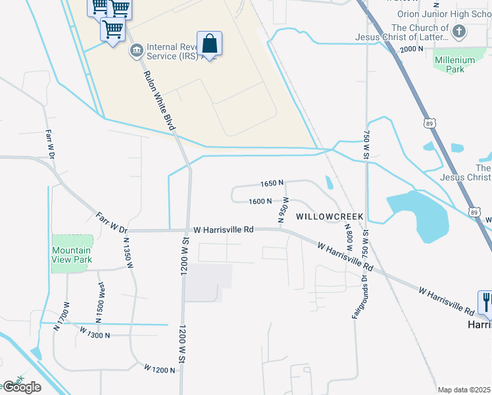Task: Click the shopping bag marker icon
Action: click(x=209, y=44)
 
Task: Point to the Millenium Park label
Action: click(x=455, y=65)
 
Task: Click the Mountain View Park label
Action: click(x=72, y=255)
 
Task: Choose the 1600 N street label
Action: click(x=260, y=201)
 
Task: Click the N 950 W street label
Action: click(x=283, y=213)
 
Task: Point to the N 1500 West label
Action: click(x=101, y=302)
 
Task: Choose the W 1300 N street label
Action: click(x=95, y=335)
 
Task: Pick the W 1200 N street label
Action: click(x=160, y=370)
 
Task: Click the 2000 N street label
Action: click(x=412, y=49)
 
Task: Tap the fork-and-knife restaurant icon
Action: click(x=486, y=302)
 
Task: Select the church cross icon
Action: click(x=459, y=30)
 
